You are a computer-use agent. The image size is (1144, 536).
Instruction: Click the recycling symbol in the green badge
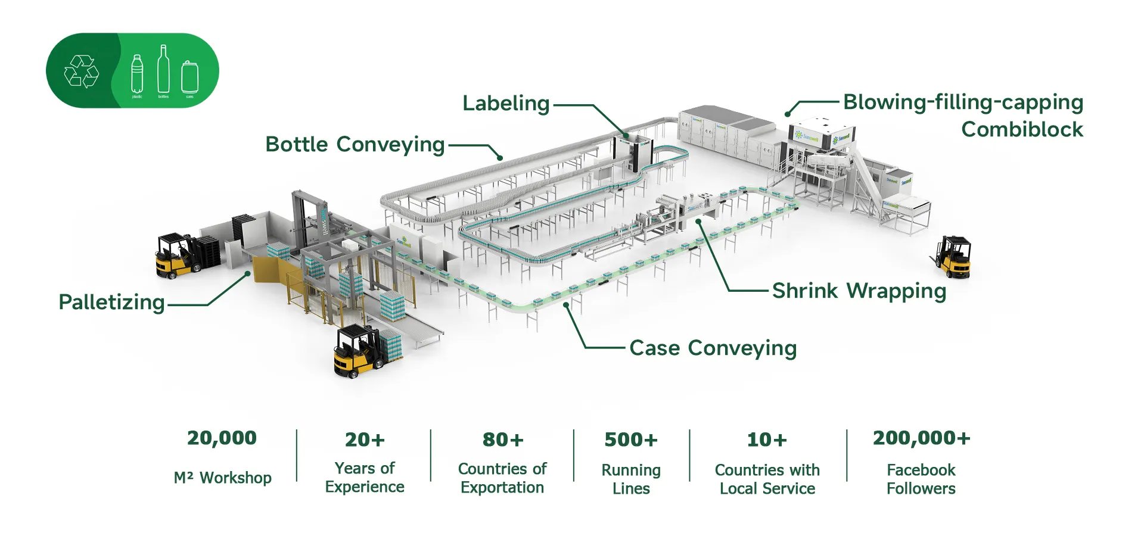(81, 71)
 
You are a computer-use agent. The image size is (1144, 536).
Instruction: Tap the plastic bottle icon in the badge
(137, 74)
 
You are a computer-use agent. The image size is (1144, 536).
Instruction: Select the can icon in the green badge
(189, 77)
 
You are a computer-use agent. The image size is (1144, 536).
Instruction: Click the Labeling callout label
(506, 104)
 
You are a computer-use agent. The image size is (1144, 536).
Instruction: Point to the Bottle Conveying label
(355, 145)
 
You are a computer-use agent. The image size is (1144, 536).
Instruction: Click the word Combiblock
(1022, 129)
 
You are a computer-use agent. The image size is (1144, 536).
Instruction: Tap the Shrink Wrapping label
(859, 291)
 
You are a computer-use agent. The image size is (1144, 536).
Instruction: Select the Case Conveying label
(713, 348)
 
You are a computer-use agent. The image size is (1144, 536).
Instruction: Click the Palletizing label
(111, 303)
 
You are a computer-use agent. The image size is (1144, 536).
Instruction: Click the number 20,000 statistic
(222, 438)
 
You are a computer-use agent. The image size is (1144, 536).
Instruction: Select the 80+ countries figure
(502, 440)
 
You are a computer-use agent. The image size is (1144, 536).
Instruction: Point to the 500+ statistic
(630, 440)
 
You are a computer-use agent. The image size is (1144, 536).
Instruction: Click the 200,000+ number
(921, 438)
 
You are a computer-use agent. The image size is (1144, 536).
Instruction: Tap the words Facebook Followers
(921, 479)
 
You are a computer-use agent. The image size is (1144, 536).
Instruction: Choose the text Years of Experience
(365, 478)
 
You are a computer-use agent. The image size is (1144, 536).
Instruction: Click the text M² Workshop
(222, 478)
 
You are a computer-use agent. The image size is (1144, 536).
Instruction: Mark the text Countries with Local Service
(767, 479)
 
